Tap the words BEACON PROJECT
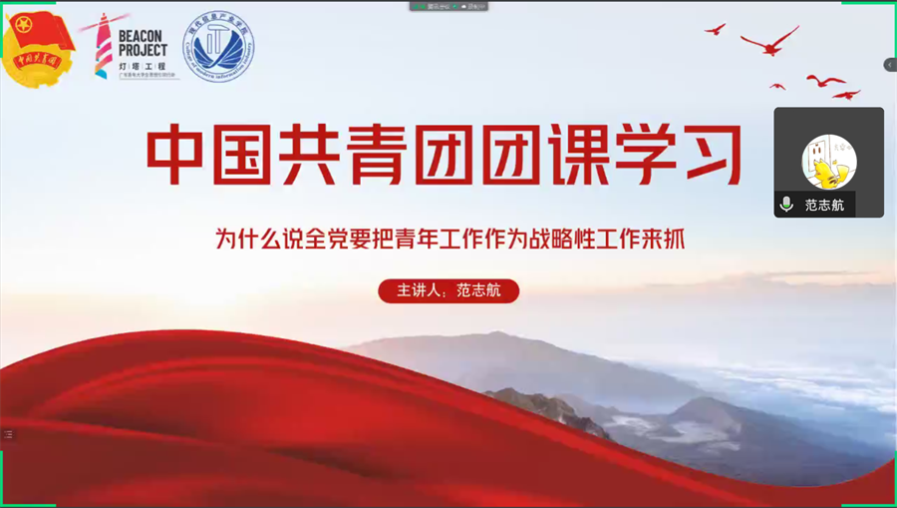[143, 42]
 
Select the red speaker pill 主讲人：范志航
[448, 290]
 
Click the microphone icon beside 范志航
[786, 205]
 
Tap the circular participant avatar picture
[829, 162]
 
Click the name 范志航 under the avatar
[824, 205]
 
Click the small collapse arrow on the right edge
[890, 65]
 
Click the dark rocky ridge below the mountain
[548, 409]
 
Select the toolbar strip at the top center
[448, 6]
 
